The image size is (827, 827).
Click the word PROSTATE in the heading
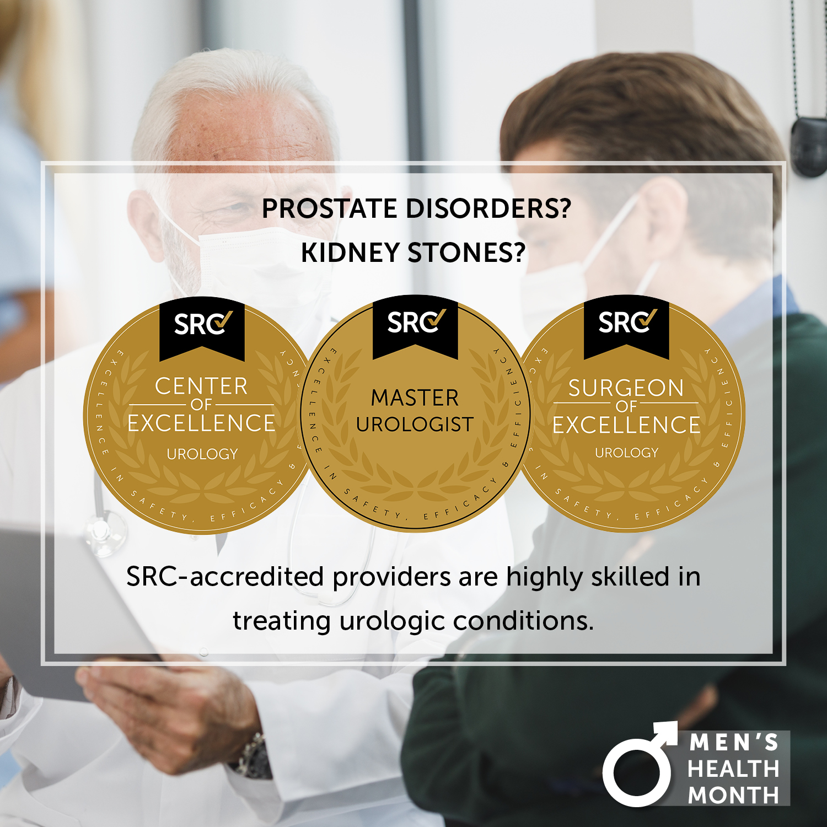pyautogui.click(x=330, y=209)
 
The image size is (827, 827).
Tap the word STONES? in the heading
pyautogui.click(x=466, y=253)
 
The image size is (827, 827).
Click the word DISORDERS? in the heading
pyautogui.click(x=488, y=209)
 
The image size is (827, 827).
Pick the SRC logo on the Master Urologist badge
pyautogui.click(x=416, y=322)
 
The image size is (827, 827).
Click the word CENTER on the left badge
pyautogui.click(x=201, y=386)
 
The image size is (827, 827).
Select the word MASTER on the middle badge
pyautogui.click(x=415, y=398)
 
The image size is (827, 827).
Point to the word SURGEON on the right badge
pyautogui.click(x=626, y=388)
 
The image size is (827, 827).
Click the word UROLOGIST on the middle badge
pyautogui.click(x=415, y=425)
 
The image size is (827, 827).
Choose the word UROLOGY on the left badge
pyautogui.click(x=202, y=454)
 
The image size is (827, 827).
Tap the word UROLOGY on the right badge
pyautogui.click(x=627, y=453)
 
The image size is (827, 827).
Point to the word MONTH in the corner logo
pyautogui.click(x=733, y=795)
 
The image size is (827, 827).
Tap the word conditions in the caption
pyautogui.click(x=524, y=621)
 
